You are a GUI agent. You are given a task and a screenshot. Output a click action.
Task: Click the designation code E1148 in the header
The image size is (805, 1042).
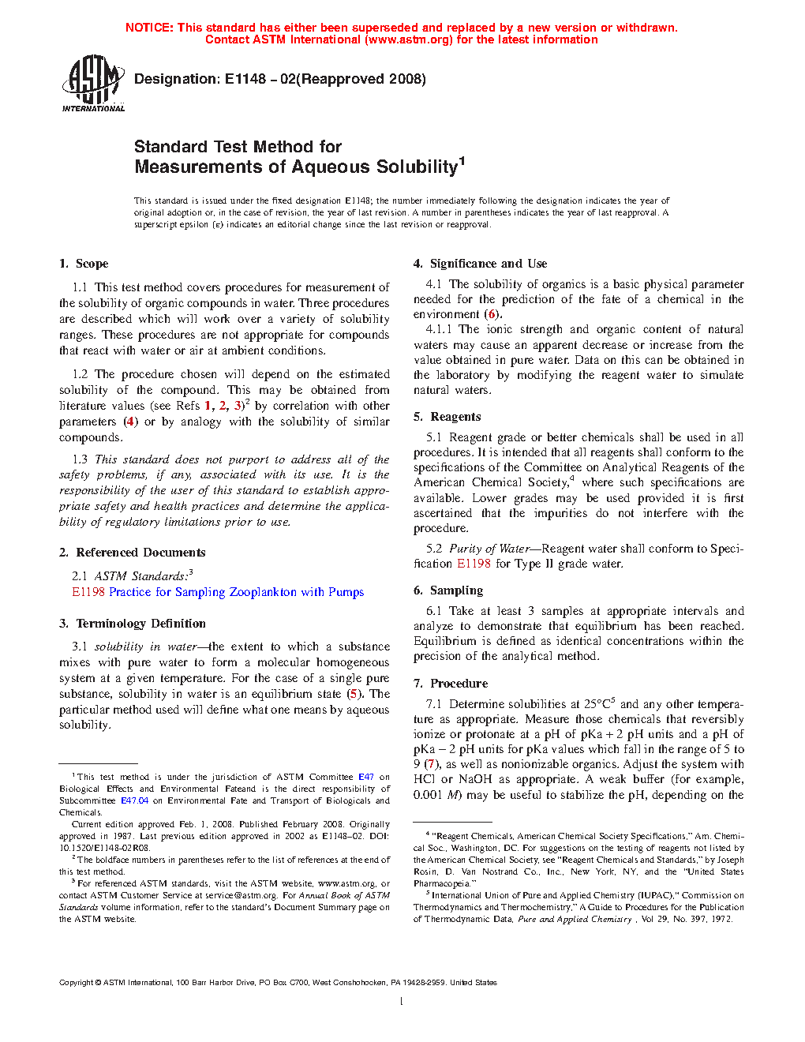coord(245,79)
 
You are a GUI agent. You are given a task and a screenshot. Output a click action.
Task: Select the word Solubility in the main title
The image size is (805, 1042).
coord(416,167)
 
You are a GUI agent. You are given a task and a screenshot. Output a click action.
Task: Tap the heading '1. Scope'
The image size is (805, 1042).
coord(84,264)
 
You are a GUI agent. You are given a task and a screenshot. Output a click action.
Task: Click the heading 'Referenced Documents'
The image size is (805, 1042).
coord(140,553)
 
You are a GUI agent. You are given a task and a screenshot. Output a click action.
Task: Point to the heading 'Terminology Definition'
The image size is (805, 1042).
coord(140,624)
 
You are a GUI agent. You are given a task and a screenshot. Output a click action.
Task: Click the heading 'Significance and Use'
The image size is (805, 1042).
coord(488,264)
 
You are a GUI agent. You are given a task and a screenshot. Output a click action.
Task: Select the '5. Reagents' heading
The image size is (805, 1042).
coord(447,417)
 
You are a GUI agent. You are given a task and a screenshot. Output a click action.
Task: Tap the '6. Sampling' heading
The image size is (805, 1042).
coord(447,590)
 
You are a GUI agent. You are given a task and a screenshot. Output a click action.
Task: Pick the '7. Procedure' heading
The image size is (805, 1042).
coord(450,684)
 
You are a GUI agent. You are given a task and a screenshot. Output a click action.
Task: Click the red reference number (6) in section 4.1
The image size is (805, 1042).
coord(492,314)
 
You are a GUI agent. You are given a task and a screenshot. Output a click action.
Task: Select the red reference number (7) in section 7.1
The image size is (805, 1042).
coord(431,764)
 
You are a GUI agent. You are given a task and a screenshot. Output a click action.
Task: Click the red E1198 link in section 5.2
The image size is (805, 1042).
coord(474,564)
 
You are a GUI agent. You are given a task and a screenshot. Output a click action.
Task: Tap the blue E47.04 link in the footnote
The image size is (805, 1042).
coord(134,800)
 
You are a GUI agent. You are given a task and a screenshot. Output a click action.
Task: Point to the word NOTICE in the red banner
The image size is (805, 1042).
coord(149,28)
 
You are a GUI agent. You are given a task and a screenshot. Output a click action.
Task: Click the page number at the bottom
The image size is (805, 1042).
coord(401,1002)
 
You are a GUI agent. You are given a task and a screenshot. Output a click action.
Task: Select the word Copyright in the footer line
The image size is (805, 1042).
coord(76,983)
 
